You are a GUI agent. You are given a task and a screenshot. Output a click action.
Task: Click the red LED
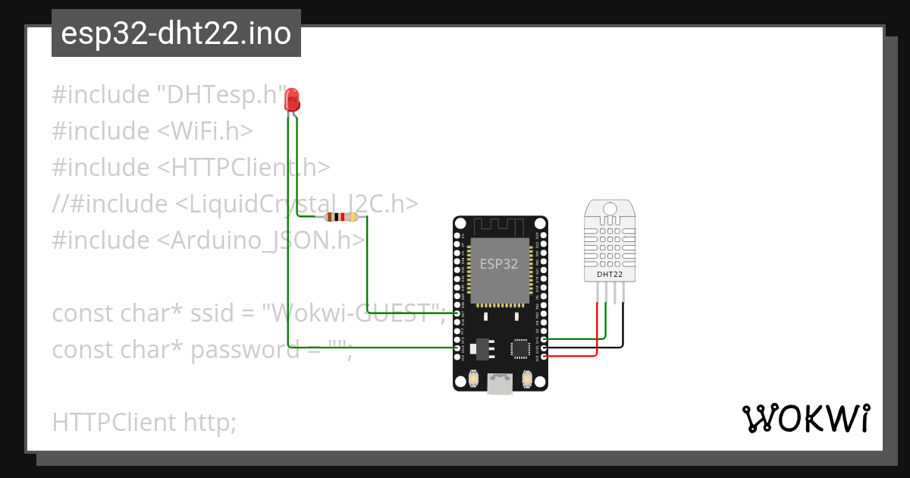point(291,99)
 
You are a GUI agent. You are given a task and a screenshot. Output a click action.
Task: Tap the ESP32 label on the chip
point(499,264)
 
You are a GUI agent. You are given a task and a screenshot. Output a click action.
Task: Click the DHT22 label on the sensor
point(610,274)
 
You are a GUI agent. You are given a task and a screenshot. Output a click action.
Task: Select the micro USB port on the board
point(499,385)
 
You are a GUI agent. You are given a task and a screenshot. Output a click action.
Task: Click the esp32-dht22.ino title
point(176,33)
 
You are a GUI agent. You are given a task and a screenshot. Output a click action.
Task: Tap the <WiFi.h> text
point(205,131)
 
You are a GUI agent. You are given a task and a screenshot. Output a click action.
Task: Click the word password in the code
point(244,350)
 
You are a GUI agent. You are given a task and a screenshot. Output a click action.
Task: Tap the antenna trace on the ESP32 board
point(499,227)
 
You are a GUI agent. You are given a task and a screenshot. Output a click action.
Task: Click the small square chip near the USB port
point(521,348)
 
